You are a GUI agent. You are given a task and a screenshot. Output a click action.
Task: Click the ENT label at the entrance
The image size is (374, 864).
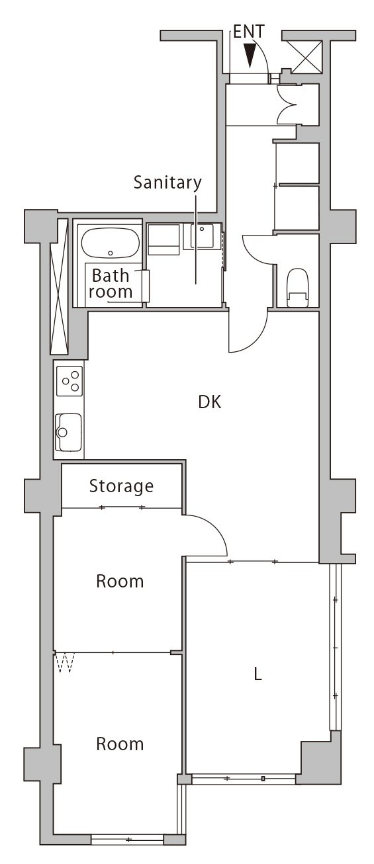[249, 32]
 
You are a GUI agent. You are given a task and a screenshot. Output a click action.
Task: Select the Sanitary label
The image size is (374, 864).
[167, 183]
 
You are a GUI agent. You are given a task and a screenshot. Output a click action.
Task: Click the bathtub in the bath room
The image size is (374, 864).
[111, 243]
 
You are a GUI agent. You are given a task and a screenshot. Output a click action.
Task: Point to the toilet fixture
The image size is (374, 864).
[297, 287]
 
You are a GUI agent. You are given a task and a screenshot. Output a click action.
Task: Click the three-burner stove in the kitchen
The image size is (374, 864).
[70, 381]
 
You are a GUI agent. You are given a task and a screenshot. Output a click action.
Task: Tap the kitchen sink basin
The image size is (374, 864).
[68, 432]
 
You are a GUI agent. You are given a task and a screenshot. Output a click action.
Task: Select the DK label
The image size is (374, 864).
[210, 402]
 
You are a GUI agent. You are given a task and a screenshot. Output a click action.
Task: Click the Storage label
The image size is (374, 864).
[121, 486]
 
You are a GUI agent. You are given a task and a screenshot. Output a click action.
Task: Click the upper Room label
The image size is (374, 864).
[120, 581]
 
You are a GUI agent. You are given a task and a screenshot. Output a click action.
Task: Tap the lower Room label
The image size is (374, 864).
[120, 744]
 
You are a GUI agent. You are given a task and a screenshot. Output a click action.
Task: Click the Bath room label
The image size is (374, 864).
[111, 284]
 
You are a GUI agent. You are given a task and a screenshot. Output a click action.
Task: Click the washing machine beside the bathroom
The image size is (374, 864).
[164, 239]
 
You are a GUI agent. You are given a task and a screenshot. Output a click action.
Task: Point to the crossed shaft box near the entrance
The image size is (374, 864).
[307, 57]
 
